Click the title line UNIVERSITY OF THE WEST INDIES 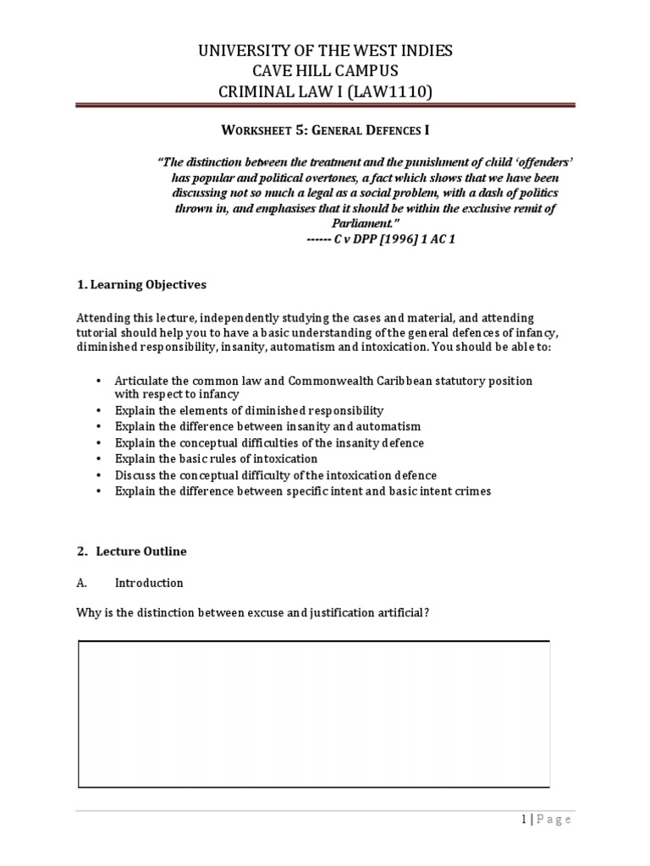325,51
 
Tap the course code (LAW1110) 396,91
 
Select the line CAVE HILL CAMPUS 325,71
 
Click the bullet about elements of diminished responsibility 250,410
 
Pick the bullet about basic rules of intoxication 217,458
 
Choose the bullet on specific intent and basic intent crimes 302,491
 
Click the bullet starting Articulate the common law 323,381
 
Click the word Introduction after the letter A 149,584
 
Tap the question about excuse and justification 254,613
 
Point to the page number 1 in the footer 523,819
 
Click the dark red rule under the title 325,106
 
